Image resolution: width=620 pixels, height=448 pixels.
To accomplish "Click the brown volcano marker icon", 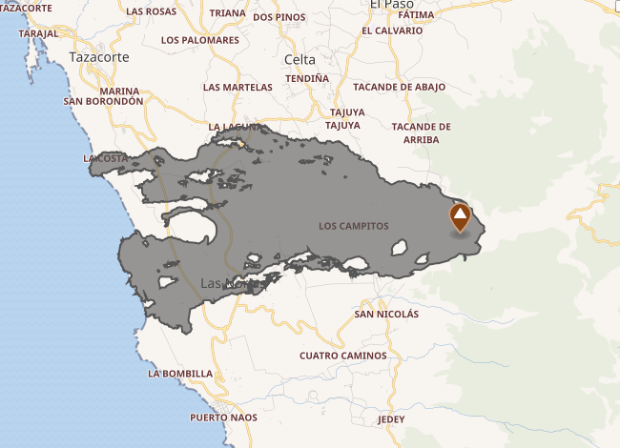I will [x=460, y=217].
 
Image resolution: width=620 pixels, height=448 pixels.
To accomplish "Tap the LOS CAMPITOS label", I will [x=354, y=227].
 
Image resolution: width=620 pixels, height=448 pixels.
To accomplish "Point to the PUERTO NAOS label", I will [x=222, y=418].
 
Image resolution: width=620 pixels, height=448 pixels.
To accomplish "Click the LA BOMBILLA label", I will [x=180, y=375].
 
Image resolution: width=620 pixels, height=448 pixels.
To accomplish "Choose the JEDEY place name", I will [x=391, y=419].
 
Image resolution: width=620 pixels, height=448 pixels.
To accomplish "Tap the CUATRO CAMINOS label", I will [x=343, y=356].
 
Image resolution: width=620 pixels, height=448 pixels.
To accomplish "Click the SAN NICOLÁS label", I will [x=386, y=314].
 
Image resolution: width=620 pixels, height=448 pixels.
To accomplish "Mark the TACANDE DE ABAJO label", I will [x=403, y=87].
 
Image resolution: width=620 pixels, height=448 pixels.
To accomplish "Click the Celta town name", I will [x=300, y=60].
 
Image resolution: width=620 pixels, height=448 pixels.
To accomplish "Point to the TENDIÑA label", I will [x=307, y=78].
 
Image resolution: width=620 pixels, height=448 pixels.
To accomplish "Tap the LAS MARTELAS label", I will [x=238, y=87].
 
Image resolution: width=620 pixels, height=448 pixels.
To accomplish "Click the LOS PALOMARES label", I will [x=200, y=40].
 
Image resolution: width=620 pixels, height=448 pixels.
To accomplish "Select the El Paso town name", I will [x=391, y=5].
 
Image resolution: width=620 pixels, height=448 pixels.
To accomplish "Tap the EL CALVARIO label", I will [x=392, y=31].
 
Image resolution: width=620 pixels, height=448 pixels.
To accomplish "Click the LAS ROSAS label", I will [x=152, y=12].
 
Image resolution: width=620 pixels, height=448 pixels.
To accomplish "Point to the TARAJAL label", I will [x=38, y=32].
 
